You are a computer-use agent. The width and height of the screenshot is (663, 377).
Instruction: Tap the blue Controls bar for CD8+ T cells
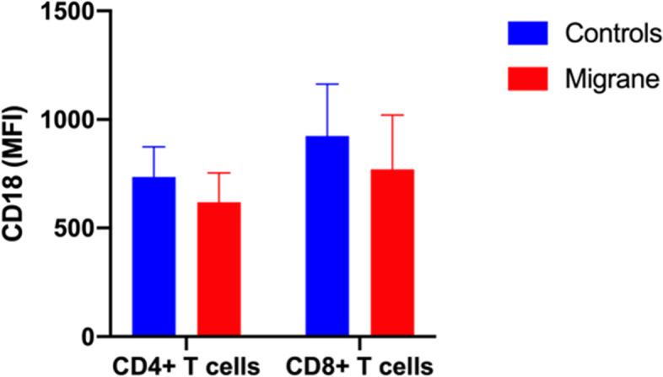tap(327, 236)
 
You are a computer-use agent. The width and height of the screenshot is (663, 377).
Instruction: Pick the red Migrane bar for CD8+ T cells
tap(392, 253)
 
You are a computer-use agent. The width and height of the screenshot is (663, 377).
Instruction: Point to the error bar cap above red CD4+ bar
tap(219, 173)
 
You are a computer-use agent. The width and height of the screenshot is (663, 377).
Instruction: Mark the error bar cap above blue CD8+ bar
tap(327, 84)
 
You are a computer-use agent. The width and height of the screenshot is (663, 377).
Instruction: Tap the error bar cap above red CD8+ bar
tap(392, 115)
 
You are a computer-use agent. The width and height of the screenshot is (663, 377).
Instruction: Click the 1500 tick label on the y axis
tap(60, 12)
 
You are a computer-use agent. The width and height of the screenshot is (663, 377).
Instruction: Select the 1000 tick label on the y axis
tap(60, 121)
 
